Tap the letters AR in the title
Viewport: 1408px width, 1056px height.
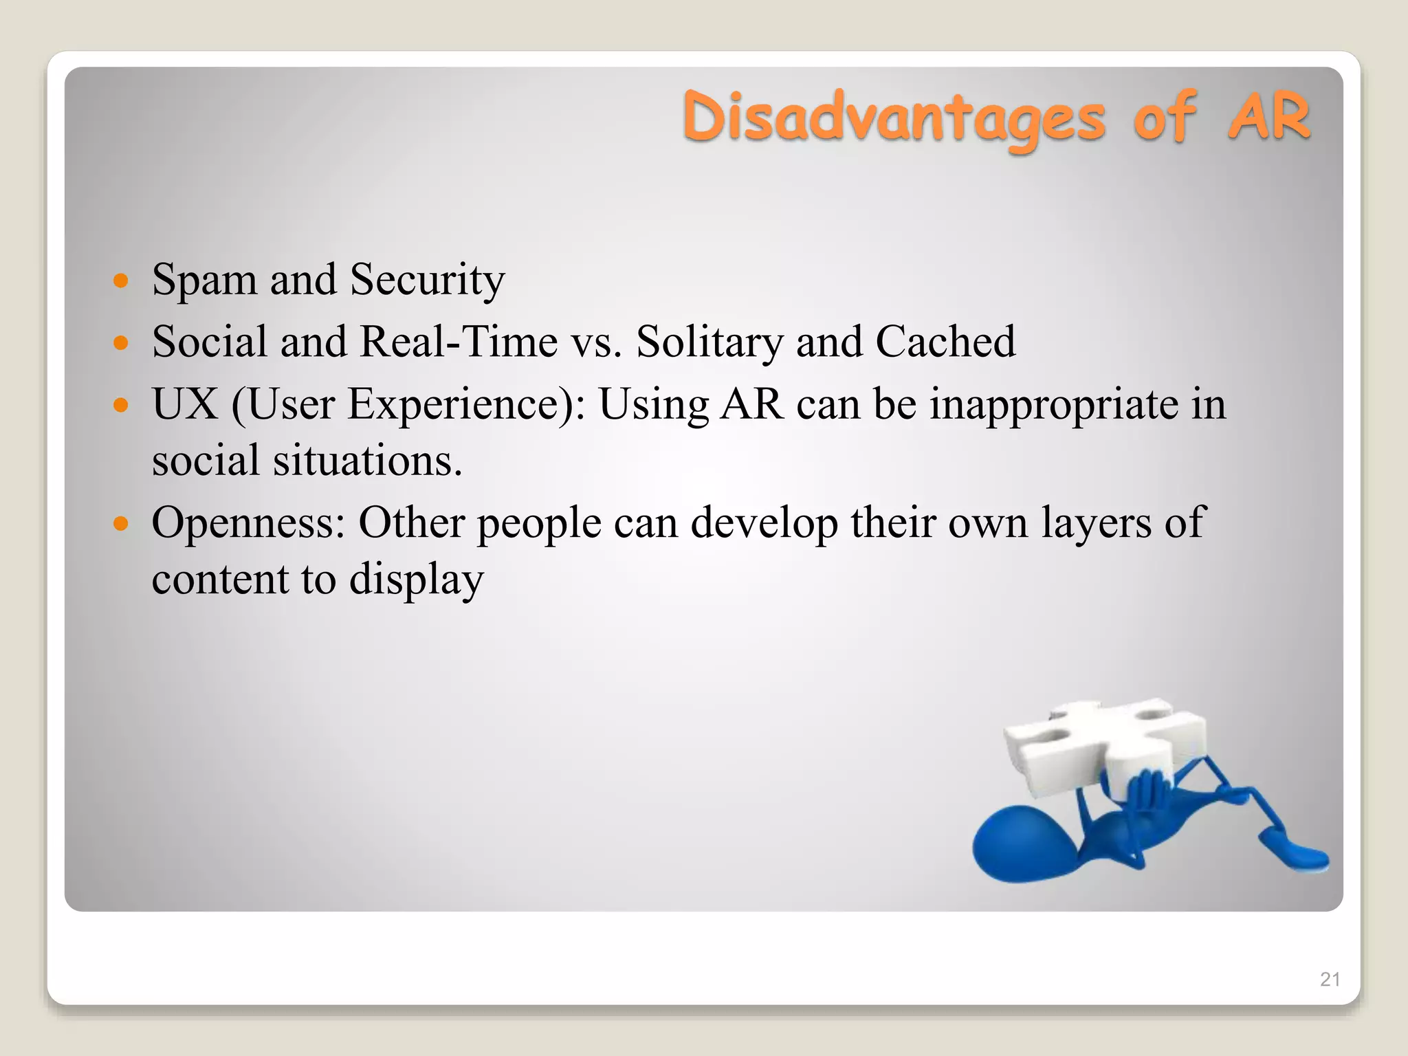(1269, 117)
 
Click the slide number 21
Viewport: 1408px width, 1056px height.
(1330, 979)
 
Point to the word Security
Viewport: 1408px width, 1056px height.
(427, 280)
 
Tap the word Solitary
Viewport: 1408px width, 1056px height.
(709, 342)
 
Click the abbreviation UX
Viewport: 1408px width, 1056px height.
(184, 404)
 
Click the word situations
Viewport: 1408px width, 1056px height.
(367, 460)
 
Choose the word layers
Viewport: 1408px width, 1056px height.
(1096, 522)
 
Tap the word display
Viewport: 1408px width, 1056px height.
(416, 580)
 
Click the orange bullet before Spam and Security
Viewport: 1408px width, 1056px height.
(121, 280)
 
